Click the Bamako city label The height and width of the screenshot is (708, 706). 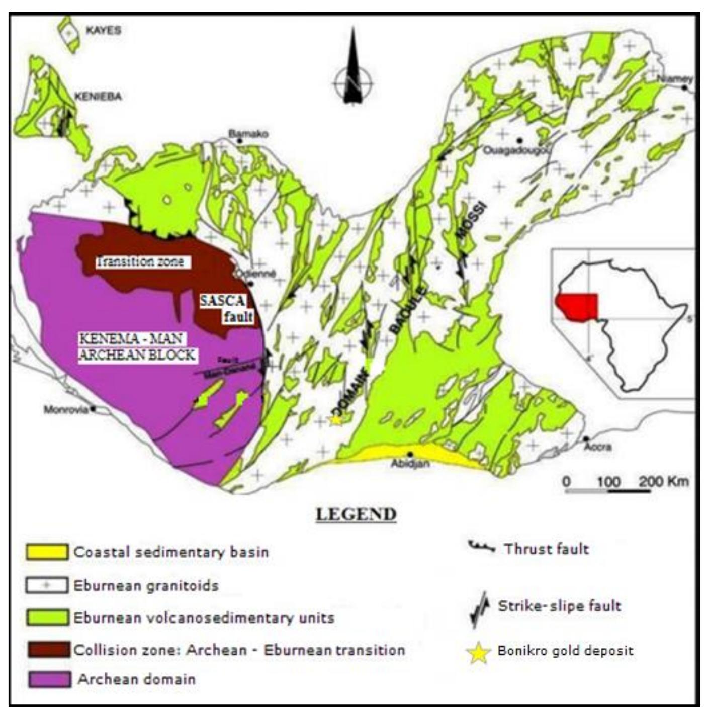248,134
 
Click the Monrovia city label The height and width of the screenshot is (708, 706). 65,409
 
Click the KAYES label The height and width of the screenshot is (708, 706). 104,30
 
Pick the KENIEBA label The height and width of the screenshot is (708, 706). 98,96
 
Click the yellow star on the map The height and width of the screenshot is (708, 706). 335,420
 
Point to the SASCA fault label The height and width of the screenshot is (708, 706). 225,308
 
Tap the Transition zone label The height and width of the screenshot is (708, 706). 140,261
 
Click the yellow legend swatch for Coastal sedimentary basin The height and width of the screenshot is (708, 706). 46,552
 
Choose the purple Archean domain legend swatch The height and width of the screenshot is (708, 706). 49,679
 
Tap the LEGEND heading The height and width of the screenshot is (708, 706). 356,514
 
